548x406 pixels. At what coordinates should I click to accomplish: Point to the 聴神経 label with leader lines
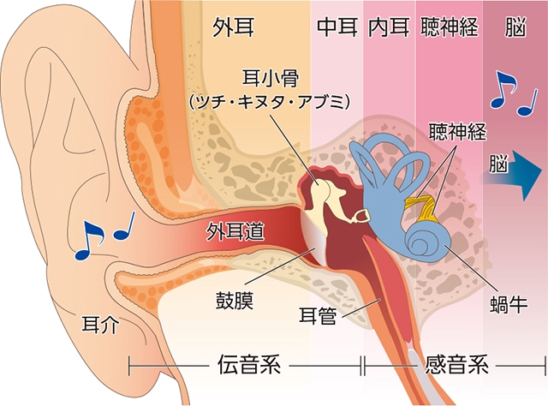457,133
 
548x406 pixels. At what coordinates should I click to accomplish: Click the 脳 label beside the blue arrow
501,160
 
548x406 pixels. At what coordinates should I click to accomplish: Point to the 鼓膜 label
234,302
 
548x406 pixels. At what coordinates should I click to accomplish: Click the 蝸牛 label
509,304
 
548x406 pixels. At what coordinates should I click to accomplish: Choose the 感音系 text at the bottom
456,367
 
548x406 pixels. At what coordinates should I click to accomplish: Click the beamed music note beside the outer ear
89,241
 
